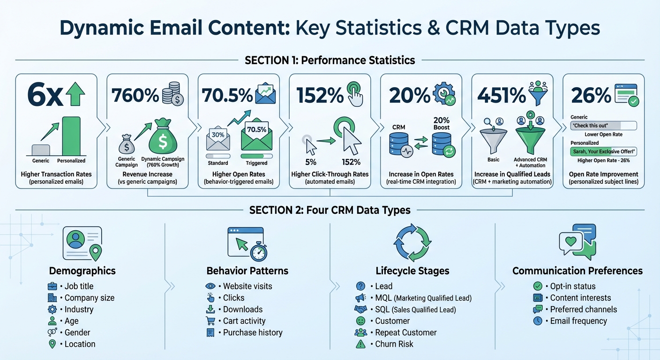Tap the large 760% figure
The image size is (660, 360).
coord(135,96)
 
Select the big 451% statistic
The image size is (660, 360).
coord(502,96)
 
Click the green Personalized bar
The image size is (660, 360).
coord(71,136)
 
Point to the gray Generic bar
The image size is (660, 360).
coord(40,150)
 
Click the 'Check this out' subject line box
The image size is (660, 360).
coord(603,126)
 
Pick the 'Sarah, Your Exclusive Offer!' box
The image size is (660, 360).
coord(603,151)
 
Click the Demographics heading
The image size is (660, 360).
coord(82,271)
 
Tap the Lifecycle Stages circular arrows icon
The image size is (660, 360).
coord(412,241)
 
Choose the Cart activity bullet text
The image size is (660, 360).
coord(244,321)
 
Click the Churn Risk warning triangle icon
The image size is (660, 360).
coord(360,345)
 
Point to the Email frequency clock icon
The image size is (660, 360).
coord(538,321)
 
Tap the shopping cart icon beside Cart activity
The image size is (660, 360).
coord(210,321)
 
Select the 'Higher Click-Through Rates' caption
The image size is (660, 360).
coord(330,174)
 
